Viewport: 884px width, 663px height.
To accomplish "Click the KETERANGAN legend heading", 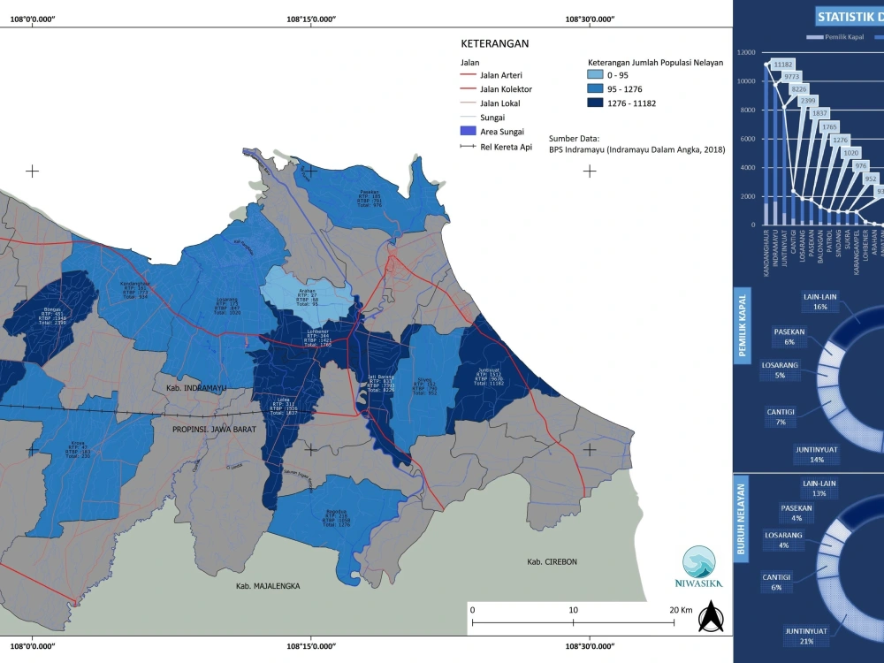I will click(x=494, y=42).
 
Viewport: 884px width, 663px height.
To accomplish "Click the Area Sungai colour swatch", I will click(x=468, y=132).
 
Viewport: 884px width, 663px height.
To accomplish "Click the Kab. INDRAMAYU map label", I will click(x=195, y=388).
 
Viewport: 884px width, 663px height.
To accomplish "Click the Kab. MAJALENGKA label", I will click(x=268, y=586).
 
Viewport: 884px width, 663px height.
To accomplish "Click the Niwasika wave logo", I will click(x=699, y=562).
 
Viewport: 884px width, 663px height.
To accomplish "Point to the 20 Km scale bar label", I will click(x=680, y=610).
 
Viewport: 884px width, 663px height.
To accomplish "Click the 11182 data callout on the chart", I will click(x=783, y=65).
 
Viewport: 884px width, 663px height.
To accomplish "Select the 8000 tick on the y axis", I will click(x=746, y=110).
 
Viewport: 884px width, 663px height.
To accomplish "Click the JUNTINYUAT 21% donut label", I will click(x=805, y=636).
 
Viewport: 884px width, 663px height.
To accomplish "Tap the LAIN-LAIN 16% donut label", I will click(x=819, y=301).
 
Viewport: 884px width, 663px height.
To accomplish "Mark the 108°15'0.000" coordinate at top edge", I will click(x=310, y=18).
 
